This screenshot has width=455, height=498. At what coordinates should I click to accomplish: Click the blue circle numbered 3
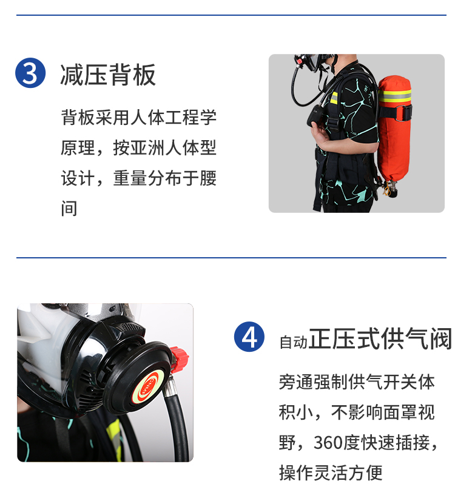point(30,73)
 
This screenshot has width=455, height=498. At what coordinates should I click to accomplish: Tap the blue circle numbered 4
point(249,337)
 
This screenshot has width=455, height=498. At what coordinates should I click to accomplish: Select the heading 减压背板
point(108,75)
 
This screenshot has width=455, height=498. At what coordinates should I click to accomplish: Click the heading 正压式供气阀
point(380,339)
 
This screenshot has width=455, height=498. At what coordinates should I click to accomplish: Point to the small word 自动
point(294,342)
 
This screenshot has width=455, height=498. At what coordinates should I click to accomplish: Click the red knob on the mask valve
point(179,359)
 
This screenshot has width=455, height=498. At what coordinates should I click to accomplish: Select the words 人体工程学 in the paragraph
point(174,117)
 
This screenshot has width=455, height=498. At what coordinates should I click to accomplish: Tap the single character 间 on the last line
point(69,209)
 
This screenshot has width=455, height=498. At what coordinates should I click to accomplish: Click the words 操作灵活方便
point(331,473)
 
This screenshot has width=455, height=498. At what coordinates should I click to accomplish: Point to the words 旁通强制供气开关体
point(357,382)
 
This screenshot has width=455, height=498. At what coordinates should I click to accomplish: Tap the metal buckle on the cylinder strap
point(403,113)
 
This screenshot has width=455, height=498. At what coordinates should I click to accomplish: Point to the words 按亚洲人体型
point(165,147)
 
